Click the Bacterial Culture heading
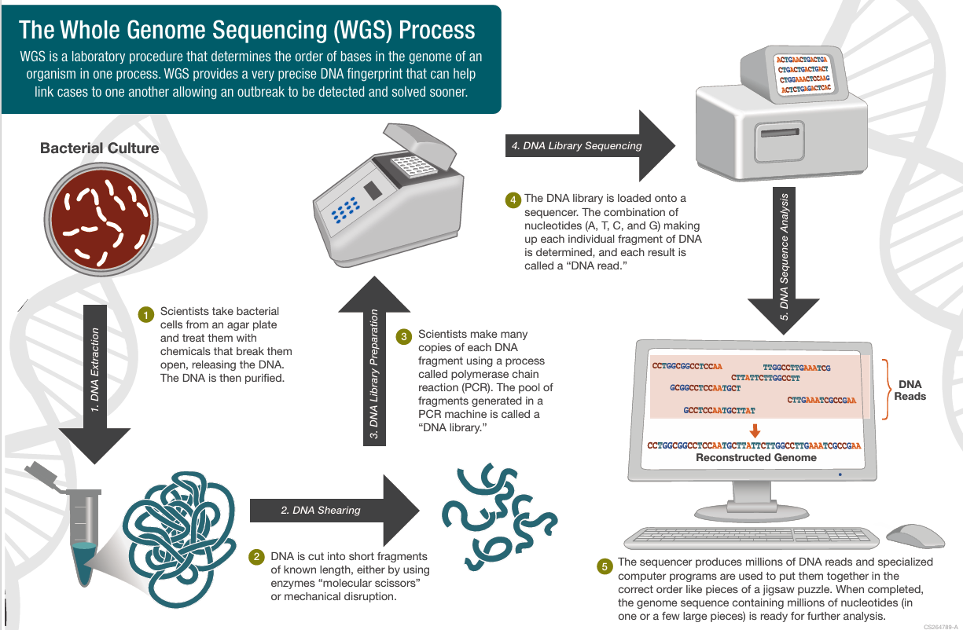point(99,148)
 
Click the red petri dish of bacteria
point(100,223)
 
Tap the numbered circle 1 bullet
point(145,314)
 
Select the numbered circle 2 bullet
point(256,557)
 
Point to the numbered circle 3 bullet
point(403,336)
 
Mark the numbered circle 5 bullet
point(604,565)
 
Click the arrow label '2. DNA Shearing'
point(321,510)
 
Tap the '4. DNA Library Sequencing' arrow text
point(576,145)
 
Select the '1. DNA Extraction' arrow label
point(95,370)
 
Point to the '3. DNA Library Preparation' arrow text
point(374,374)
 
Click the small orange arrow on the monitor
point(755,430)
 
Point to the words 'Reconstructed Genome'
point(755,457)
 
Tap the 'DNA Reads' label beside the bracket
point(910,390)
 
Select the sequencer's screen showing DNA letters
point(802,75)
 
